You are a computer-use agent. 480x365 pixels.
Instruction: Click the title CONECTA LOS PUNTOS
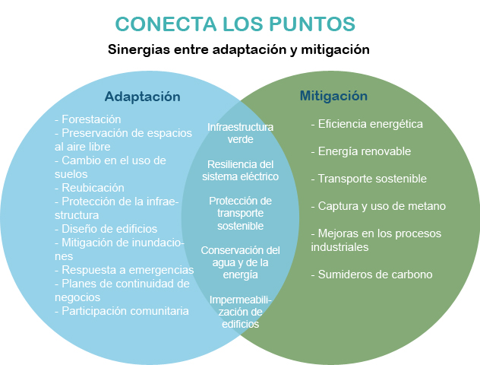tap(235, 24)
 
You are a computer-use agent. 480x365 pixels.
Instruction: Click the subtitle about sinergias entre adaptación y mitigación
tap(238, 49)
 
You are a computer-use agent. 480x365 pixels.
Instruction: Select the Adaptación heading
tap(142, 97)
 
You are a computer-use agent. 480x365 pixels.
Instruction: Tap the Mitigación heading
tap(333, 97)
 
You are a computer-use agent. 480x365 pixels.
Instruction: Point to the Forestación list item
tap(88, 119)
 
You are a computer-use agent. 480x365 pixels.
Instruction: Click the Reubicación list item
tap(90, 188)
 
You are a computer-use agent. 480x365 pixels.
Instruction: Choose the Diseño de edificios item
tap(106, 229)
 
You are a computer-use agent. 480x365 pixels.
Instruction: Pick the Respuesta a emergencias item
tap(125, 270)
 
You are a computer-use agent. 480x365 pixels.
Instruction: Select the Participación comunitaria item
tap(122, 311)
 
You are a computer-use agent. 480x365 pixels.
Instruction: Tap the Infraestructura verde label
tap(240, 133)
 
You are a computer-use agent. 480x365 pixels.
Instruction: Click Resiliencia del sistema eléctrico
tap(240, 170)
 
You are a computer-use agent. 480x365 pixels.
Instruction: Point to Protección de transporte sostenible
tap(240, 214)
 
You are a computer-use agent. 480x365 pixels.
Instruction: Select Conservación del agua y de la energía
tap(240, 262)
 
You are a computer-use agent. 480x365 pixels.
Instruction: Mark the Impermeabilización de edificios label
tap(240, 312)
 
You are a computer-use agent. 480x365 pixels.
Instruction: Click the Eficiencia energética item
tap(367, 124)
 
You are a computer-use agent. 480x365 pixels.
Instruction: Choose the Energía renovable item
tap(361, 151)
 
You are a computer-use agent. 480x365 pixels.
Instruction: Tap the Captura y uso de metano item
tap(378, 206)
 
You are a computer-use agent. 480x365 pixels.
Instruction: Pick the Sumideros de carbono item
tap(371, 275)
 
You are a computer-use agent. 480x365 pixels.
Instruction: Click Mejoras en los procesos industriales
tap(376, 240)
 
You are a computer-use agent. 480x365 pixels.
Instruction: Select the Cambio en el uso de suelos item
tap(110, 167)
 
